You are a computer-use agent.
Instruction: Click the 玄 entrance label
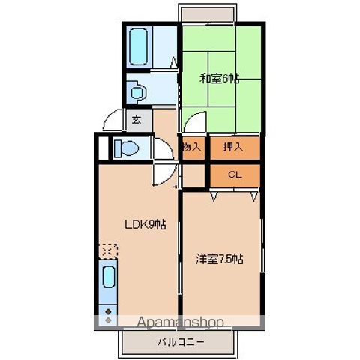[x=136, y=118]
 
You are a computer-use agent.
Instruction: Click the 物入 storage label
[x=192, y=148]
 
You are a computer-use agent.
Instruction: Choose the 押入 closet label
[x=233, y=148]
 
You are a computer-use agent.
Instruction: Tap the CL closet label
[x=233, y=175]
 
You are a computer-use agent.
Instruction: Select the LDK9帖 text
[x=145, y=224]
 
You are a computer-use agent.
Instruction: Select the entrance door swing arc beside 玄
[x=112, y=121]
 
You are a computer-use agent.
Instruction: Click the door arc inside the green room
[x=195, y=121]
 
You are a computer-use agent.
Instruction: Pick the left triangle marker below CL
[x=213, y=196]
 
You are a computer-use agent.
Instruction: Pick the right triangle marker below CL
[x=253, y=196]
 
